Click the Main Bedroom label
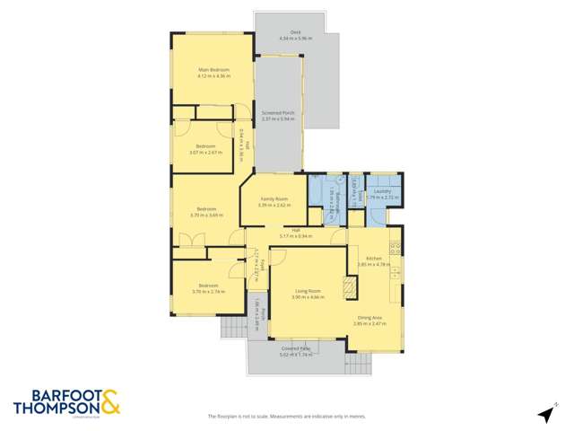(x=213, y=69)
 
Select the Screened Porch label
(x=278, y=112)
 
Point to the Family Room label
(x=274, y=198)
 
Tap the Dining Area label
(x=370, y=315)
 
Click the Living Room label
(x=308, y=291)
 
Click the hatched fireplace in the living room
(x=350, y=287)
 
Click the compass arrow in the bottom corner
(x=544, y=413)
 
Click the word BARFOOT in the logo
(x=55, y=396)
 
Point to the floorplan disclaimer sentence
(x=286, y=417)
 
